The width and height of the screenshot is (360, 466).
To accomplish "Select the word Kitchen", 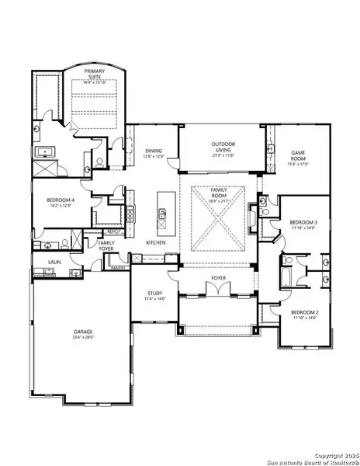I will [x=156, y=243].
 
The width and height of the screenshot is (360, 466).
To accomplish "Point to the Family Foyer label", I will [x=106, y=245].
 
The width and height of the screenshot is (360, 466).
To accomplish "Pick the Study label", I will [x=152, y=294].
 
